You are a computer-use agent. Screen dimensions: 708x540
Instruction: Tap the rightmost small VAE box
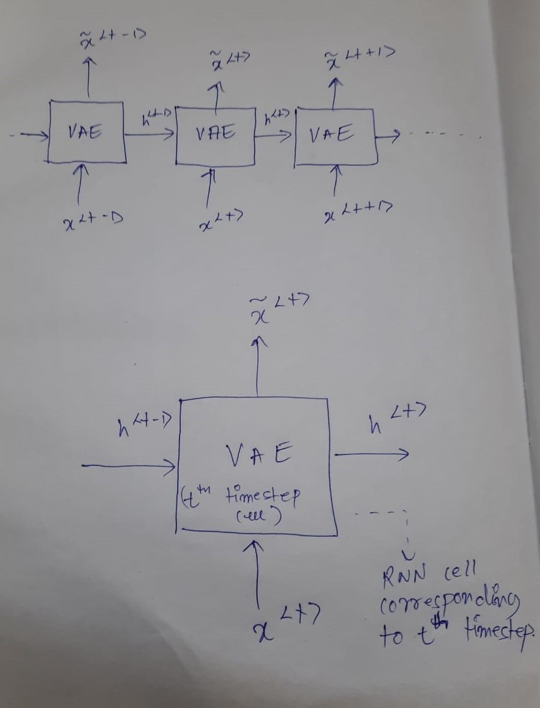[335, 135]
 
